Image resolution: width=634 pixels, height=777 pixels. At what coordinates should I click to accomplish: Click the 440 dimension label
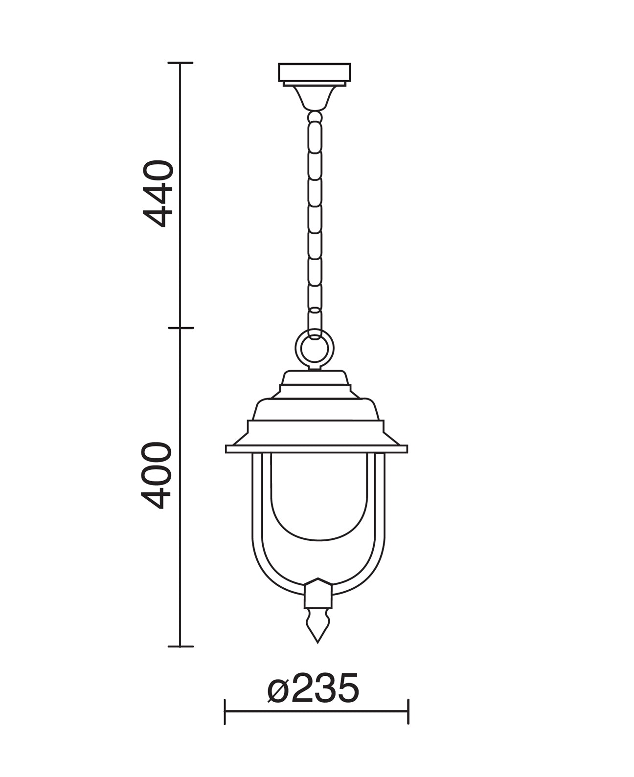pyautogui.click(x=158, y=194)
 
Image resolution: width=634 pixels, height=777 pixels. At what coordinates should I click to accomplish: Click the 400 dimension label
pyautogui.click(x=157, y=475)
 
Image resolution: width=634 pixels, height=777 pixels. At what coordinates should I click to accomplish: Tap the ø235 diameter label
pyautogui.click(x=313, y=688)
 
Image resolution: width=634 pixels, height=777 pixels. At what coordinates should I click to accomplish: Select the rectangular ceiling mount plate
pyautogui.click(x=315, y=72)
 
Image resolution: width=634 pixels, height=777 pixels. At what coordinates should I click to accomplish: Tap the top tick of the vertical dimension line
pyautogui.click(x=180, y=63)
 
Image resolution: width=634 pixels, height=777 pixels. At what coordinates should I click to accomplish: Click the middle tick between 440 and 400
pyautogui.click(x=181, y=328)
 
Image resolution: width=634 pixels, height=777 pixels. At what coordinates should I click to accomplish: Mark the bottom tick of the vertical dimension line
pyautogui.click(x=180, y=646)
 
